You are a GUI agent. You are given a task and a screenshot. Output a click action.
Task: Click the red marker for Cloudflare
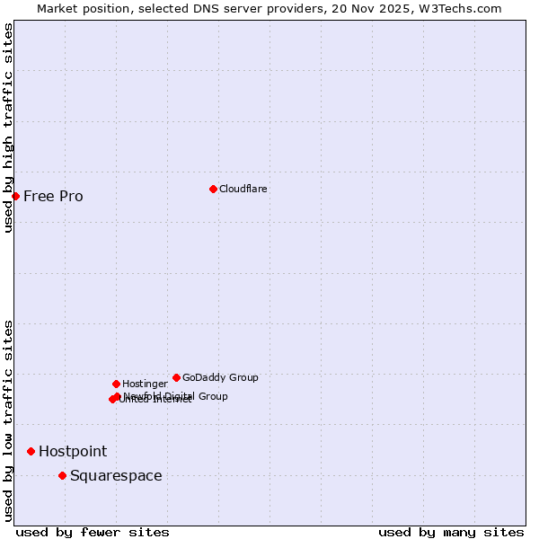point(213,189)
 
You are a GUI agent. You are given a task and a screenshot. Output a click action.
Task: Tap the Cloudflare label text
point(243,189)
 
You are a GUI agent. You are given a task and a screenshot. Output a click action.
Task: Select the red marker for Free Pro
point(15,196)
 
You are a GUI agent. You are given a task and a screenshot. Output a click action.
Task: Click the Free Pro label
point(53,196)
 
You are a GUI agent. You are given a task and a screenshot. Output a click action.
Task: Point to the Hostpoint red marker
point(31,451)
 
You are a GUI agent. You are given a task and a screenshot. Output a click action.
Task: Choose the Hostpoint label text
point(72,451)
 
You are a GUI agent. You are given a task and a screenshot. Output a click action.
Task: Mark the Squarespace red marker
point(62,475)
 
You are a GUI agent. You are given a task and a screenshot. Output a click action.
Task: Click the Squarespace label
point(116,475)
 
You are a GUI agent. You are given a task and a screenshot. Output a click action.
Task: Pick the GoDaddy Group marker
point(176,377)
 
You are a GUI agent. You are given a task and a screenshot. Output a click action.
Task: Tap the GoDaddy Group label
point(220,377)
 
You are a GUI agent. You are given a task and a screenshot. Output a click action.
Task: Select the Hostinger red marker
point(116,384)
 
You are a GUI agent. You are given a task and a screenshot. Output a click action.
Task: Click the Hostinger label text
point(145,384)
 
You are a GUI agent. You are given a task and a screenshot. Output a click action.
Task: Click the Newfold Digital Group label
point(176,395)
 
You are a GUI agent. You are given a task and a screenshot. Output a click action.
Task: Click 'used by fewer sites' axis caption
point(93,532)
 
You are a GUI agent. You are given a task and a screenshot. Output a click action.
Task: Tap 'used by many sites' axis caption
point(451,532)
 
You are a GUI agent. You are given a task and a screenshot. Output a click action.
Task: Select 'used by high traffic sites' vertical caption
point(8,128)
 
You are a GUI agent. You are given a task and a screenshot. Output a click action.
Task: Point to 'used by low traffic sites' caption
point(8,420)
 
